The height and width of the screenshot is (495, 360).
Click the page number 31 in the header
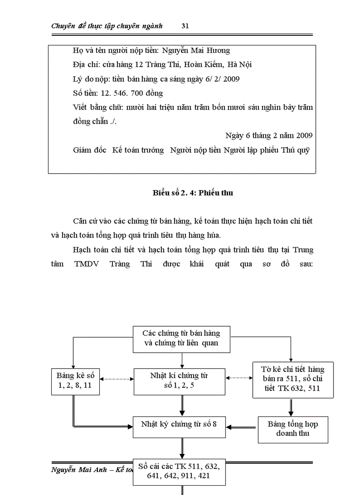pos(185,26)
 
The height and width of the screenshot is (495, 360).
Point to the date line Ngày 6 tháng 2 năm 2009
pos(269,135)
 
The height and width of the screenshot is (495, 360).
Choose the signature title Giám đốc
pos(90,150)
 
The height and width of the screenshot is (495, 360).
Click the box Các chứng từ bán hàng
pos(181,338)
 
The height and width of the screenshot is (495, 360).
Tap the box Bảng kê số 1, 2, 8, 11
pos(75,381)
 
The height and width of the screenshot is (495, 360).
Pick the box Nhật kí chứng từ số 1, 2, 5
pos(181,381)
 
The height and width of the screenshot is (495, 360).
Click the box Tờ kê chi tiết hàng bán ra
pos(292,379)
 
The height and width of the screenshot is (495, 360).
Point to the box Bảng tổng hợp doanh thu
pos(292,429)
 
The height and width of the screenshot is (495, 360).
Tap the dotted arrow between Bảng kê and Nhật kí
pos(116,378)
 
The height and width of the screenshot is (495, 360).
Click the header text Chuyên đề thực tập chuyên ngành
pos(107,26)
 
